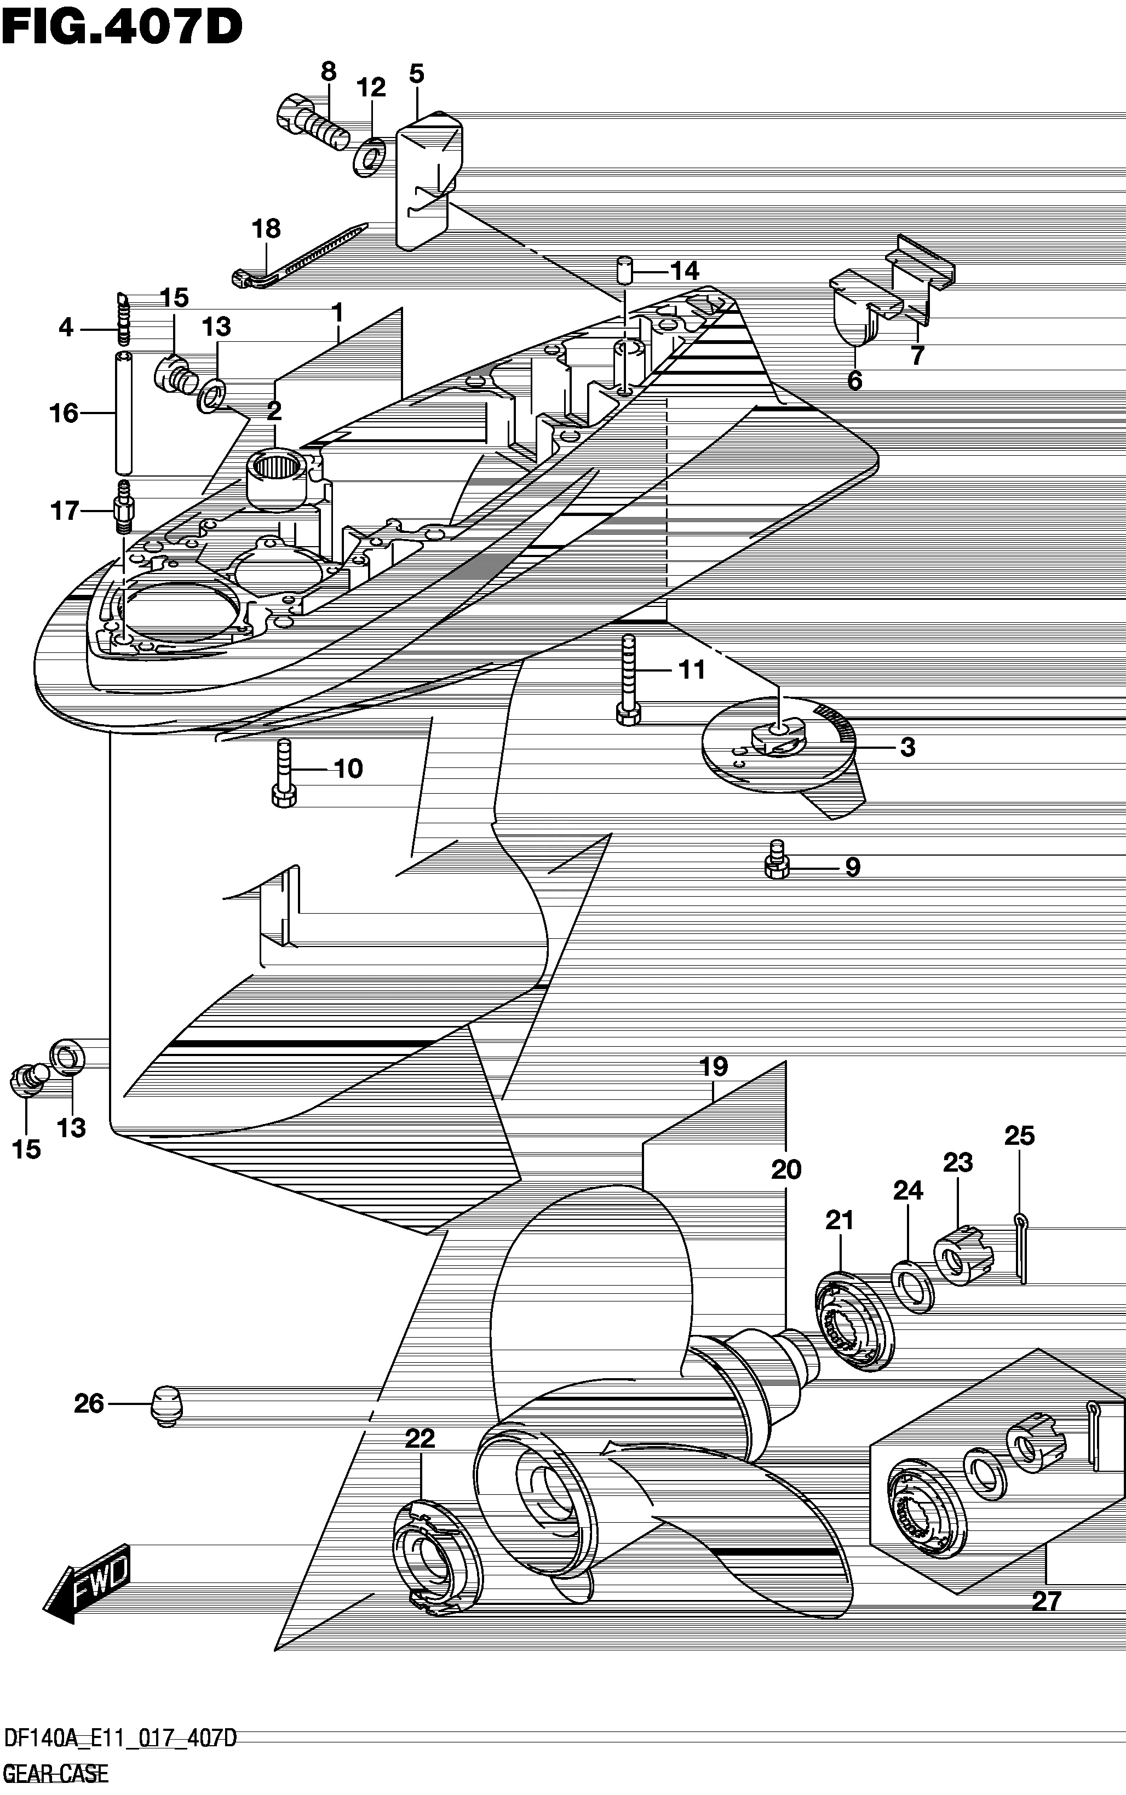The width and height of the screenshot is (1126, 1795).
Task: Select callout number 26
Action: [x=89, y=1404]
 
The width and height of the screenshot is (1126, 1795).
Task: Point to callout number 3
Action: [x=907, y=747]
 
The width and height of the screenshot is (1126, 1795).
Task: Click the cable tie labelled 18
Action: [x=298, y=253]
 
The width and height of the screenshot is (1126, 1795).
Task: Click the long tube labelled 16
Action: [x=124, y=412]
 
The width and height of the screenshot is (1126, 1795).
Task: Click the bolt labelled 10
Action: [x=284, y=772]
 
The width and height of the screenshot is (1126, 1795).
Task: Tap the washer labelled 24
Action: [x=911, y=1286]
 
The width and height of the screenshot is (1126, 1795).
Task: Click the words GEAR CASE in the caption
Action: [x=56, y=1774]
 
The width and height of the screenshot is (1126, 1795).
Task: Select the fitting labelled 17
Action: [x=124, y=507]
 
